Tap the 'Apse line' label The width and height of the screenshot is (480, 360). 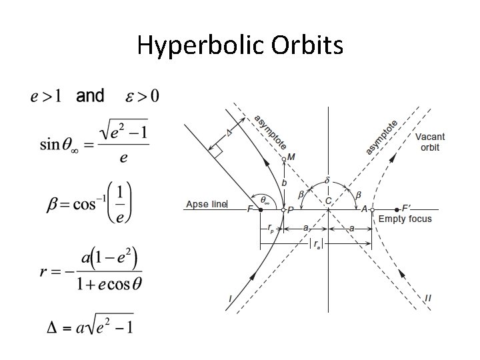click(x=206, y=204)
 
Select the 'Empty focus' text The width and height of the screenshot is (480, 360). click(x=405, y=219)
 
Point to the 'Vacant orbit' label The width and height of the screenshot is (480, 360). click(x=430, y=142)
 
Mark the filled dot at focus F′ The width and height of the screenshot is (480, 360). click(x=397, y=209)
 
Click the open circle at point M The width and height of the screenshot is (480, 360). click(x=283, y=158)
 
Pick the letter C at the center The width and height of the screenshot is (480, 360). click(x=328, y=201)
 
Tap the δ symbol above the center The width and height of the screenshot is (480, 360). click(x=327, y=180)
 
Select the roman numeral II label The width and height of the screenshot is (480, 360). click(x=428, y=298)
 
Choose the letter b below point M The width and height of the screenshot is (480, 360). click(x=285, y=182)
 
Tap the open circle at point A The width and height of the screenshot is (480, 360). click(x=372, y=209)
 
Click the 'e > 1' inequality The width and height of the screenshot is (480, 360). click(x=46, y=97)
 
